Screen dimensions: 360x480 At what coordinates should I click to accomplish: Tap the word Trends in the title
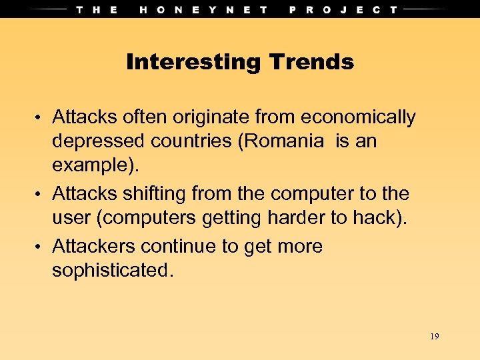click(x=311, y=63)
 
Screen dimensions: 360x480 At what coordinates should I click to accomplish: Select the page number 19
click(x=434, y=337)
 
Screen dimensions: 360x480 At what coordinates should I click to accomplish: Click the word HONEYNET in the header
click(x=204, y=9)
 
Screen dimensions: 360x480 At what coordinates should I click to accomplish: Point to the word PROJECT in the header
click(x=343, y=9)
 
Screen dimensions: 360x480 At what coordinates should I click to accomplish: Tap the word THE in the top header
click(x=97, y=9)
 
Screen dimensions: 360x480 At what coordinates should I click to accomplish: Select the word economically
click(x=359, y=118)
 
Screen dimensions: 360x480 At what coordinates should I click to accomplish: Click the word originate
click(x=214, y=118)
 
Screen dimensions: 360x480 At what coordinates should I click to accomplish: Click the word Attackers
click(x=94, y=247)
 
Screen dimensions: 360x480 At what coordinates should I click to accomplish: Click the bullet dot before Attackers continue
click(x=41, y=247)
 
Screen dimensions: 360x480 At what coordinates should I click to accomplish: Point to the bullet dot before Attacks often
click(x=41, y=119)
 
